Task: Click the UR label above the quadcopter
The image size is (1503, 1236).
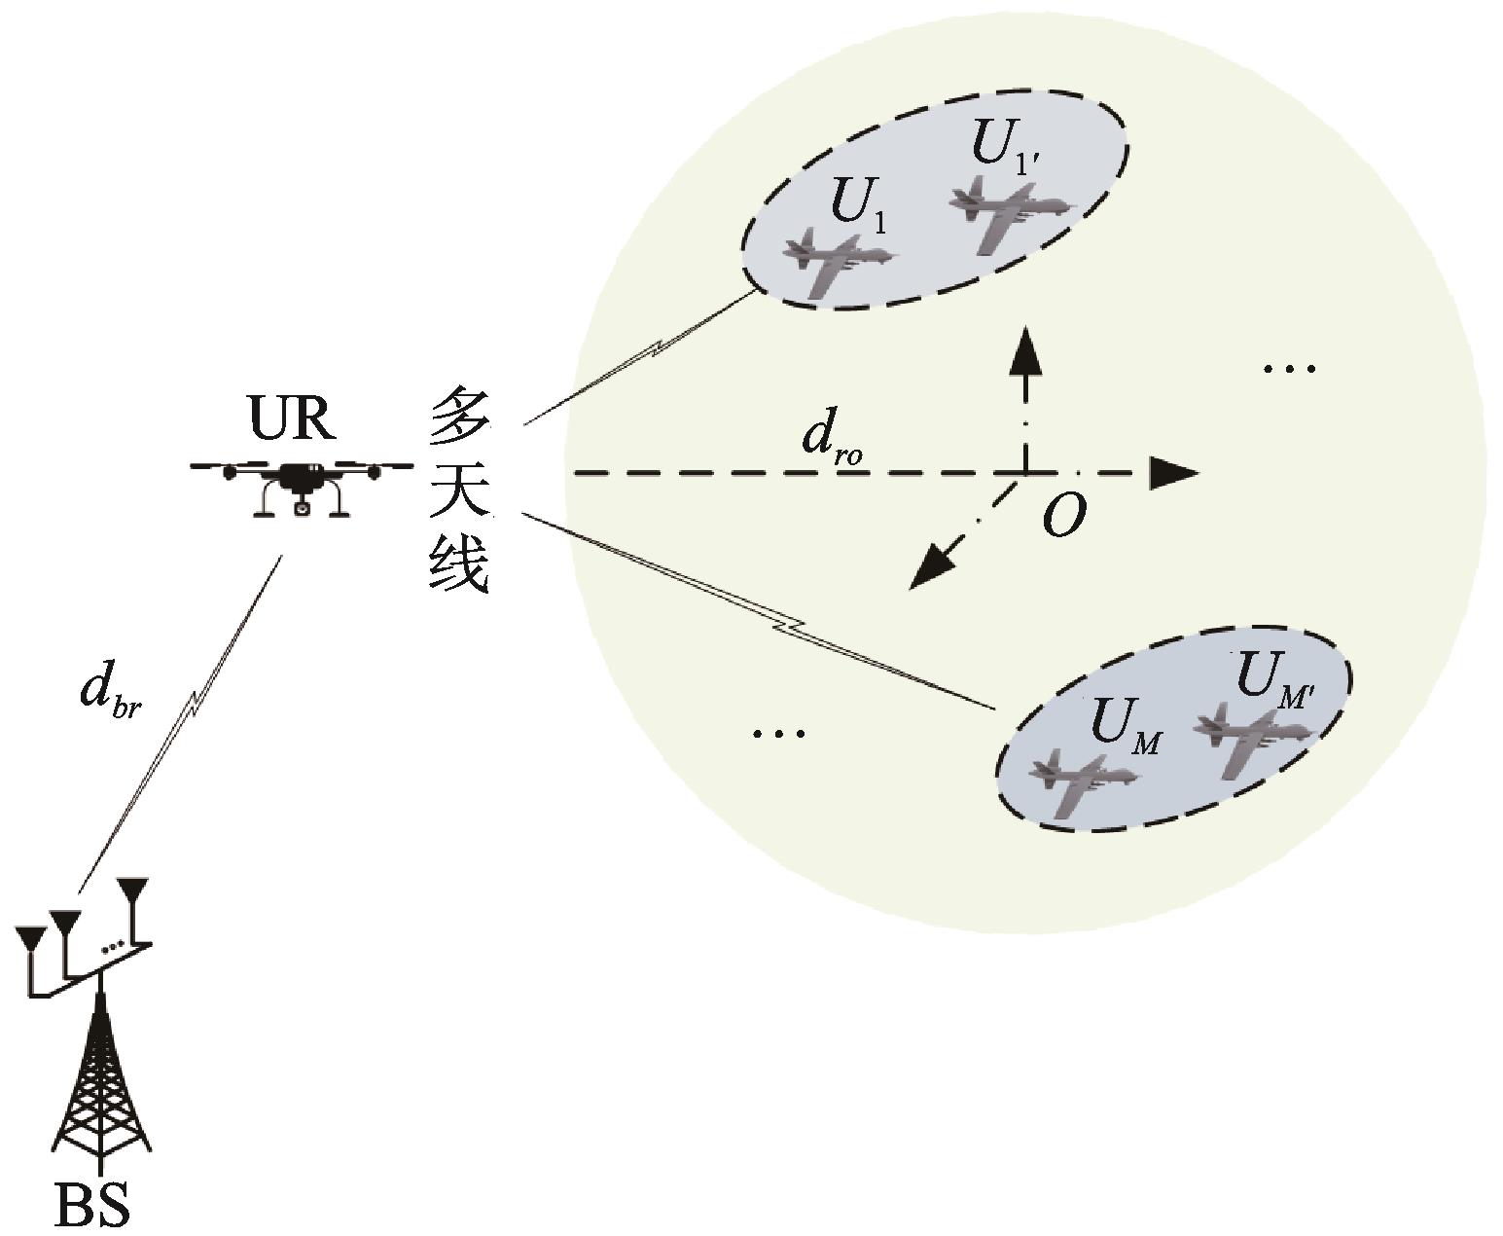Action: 291,419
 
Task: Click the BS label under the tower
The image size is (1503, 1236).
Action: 91,1204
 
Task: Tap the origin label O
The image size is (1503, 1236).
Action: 1062,516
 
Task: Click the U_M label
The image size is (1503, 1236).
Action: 1125,726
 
